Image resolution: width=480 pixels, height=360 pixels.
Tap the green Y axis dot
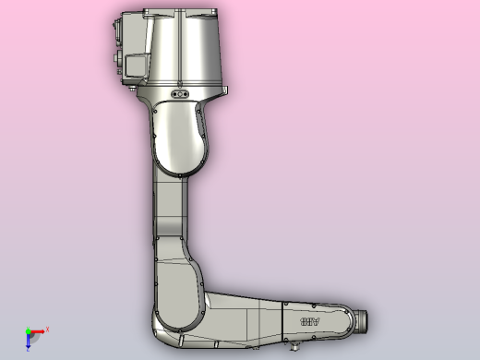tap(28, 330)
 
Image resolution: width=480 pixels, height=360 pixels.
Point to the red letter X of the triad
tap(47, 329)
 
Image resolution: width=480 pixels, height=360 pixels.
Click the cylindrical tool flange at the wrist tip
tap(363, 320)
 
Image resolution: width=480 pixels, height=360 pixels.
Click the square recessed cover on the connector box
tap(136, 66)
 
